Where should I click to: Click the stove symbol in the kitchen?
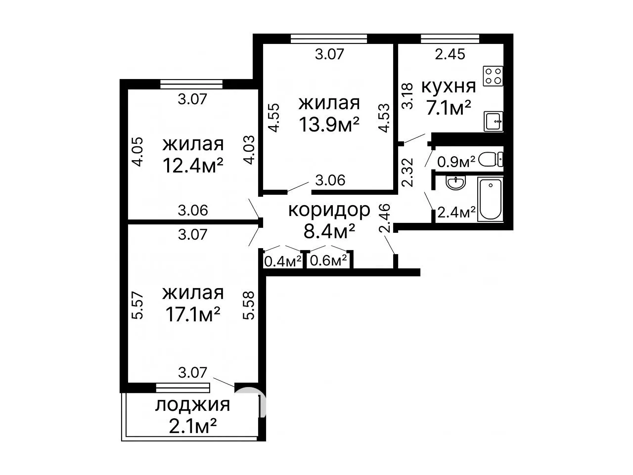[x=493, y=76]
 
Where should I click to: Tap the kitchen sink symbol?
[x=494, y=121]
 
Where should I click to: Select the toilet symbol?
[x=491, y=159]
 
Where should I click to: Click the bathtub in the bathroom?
[x=490, y=200]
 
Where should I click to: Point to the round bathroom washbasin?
[x=455, y=183]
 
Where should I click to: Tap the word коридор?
[x=329, y=210]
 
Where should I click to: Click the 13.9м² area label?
[x=329, y=125]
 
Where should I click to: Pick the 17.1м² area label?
[x=193, y=314]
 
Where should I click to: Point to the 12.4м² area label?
[x=193, y=166]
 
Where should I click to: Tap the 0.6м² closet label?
[x=328, y=261]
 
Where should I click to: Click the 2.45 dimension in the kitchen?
[x=450, y=54]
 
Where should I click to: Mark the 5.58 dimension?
[x=249, y=305]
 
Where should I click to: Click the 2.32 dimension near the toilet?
[x=408, y=173]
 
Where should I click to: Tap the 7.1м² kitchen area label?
[x=449, y=108]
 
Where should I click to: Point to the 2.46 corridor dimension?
[x=385, y=218]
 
